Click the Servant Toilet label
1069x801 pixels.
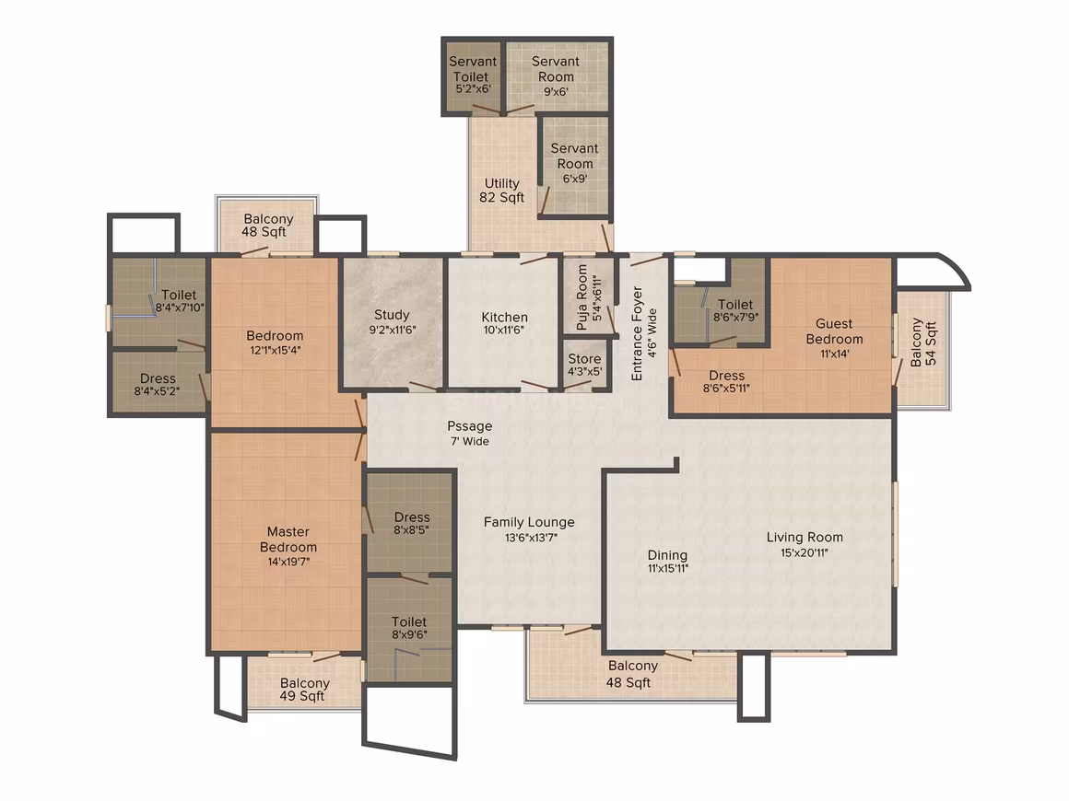[473, 69]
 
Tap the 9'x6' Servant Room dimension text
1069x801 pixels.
[556, 91]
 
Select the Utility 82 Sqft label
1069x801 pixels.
[501, 191]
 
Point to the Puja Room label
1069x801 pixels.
[582, 297]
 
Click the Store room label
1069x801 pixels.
[585, 359]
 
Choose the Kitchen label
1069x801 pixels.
[504, 318]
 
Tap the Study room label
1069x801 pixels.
[392, 315]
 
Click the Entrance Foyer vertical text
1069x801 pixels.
[638, 333]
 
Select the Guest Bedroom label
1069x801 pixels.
[835, 331]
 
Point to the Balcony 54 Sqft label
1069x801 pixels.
[923, 342]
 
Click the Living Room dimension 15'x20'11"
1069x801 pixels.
[805, 553]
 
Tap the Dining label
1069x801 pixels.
[667, 555]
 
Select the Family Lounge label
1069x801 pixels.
[529, 522]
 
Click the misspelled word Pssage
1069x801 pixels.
[470, 426]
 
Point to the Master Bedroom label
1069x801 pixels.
[288, 540]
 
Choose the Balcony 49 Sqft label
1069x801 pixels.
[304, 690]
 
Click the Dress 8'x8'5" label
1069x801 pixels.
[412, 523]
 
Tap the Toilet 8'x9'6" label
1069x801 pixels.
[409, 628]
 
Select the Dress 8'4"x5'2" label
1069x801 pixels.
[158, 384]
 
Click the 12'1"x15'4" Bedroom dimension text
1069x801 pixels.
[274, 351]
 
